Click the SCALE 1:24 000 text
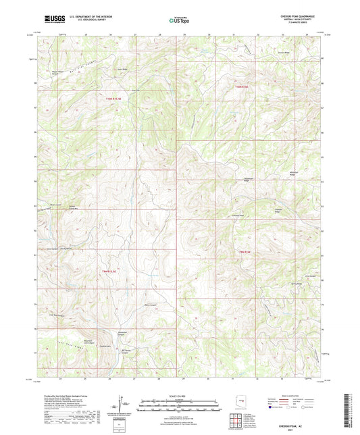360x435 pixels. pyautogui.click(x=179, y=394)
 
